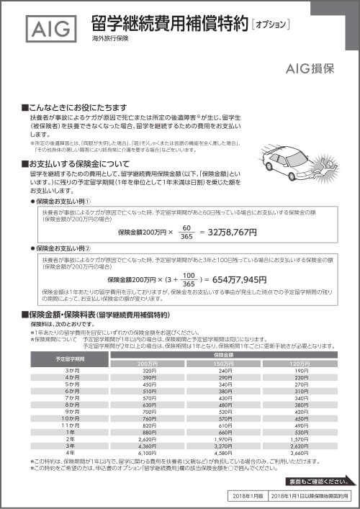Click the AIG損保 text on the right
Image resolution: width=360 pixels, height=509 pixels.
coord(310,69)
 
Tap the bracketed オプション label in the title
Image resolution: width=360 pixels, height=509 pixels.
coord(270,24)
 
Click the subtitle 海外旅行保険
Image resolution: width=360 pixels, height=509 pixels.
coord(110,37)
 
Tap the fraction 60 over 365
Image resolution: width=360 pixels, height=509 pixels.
coord(186,233)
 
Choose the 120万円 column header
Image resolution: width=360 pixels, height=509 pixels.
coord(297,364)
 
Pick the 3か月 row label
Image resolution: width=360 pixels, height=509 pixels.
coord(72,370)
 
